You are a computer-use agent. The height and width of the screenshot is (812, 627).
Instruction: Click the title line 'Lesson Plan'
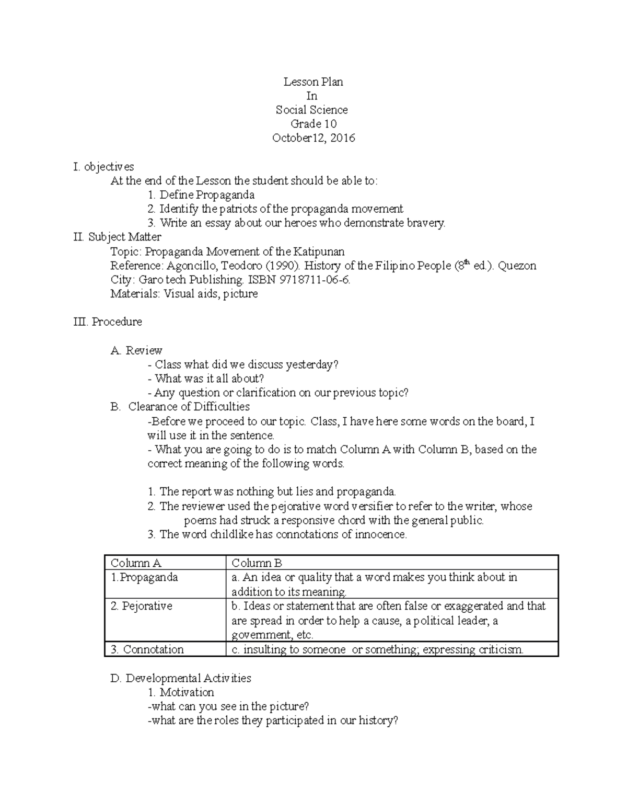click(313, 82)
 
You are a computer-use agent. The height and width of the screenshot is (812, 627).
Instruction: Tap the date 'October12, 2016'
click(313, 138)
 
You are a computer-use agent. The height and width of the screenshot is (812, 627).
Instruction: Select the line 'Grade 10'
click(313, 124)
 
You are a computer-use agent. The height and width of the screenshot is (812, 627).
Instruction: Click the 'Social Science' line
click(312, 110)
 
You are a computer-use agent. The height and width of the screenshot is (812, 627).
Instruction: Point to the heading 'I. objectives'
click(104, 167)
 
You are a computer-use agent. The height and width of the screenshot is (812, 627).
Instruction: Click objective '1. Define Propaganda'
click(201, 195)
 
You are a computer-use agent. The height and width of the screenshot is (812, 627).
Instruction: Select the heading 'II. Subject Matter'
click(118, 237)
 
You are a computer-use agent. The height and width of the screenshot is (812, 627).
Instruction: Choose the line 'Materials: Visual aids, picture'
click(184, 294)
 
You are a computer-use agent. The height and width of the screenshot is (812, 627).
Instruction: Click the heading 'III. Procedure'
click(108, 322)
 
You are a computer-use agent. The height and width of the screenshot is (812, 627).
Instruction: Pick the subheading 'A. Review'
click(136, 350)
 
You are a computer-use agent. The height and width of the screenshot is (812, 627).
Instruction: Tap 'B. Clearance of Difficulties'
click(180, 407)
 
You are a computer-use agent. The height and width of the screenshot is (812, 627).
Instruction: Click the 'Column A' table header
click(136, 563)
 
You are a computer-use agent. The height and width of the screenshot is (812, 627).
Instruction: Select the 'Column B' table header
click(257, 563)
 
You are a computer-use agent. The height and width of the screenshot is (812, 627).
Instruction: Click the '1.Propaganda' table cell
click(144, 578)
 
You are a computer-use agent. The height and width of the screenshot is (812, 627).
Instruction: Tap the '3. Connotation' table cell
click(147, 649)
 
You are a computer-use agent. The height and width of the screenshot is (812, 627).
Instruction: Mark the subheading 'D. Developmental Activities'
click(181, 678)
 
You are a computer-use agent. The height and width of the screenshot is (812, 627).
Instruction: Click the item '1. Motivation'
click(181, 692)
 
